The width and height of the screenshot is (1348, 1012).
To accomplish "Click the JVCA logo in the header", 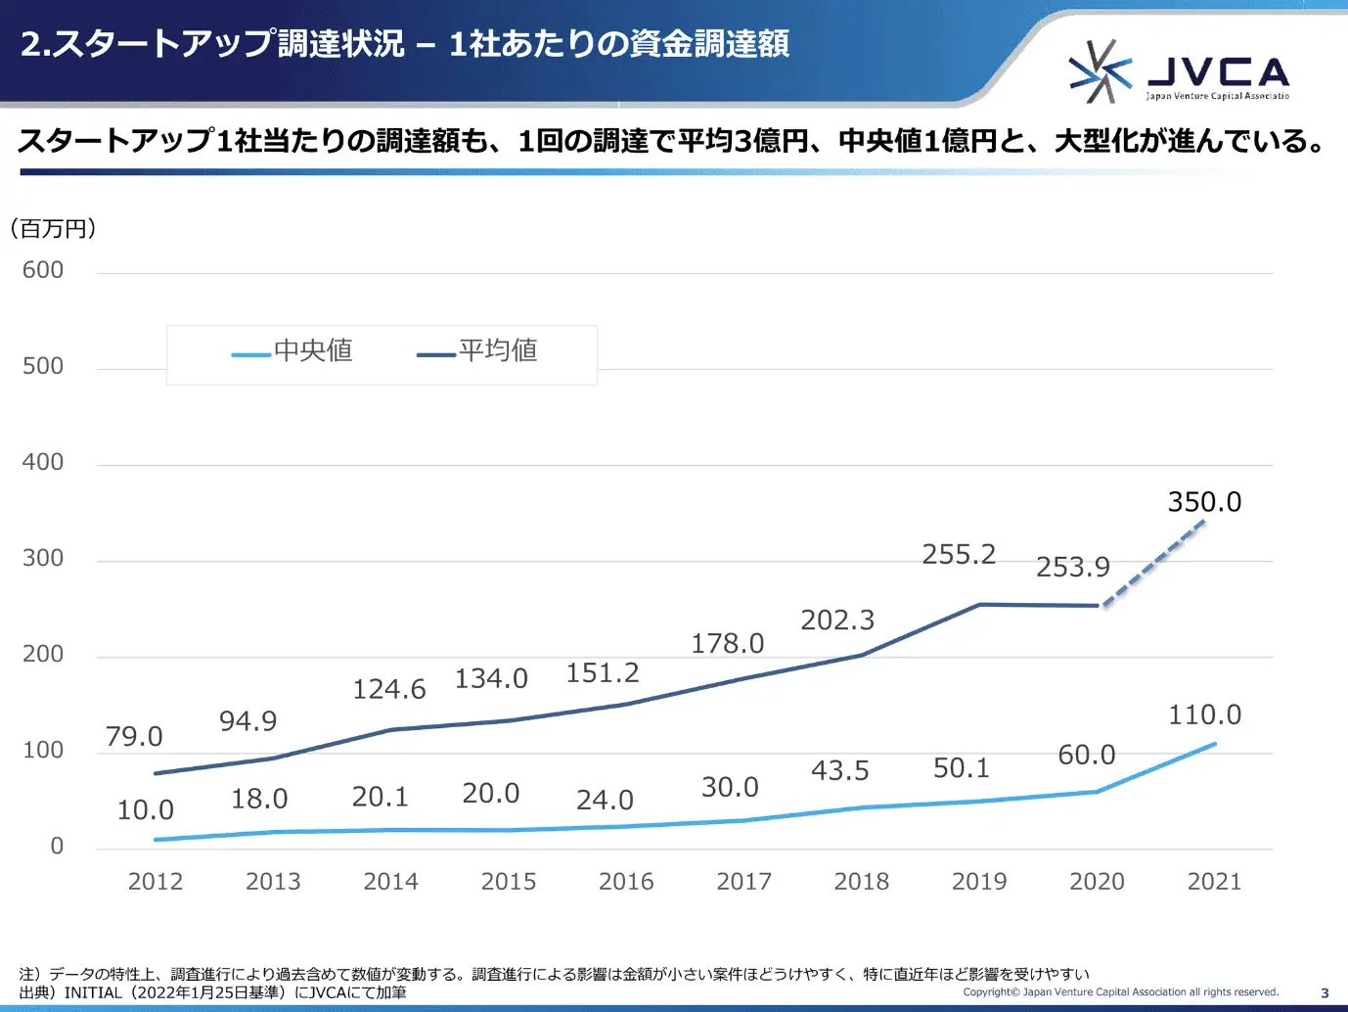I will (x=1178, y=71).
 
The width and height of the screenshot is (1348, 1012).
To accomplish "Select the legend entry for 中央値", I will (x=292, y=351).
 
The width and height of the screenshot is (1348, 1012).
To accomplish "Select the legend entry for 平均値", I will (x=477, y=351).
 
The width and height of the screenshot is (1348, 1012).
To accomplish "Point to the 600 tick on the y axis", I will (x=43, y=270).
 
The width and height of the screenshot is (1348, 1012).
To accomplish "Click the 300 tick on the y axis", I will (x=43, y=558).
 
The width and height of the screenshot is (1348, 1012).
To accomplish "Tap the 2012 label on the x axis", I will (x=156, y=882).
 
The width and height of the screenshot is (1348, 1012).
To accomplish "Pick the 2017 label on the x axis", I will (x=743, y=882).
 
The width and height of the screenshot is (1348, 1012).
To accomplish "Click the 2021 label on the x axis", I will (x=1214, y=882).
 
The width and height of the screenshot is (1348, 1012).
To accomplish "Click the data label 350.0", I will (x=1204, y=502).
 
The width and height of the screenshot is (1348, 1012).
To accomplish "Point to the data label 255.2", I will (x=959, y=555).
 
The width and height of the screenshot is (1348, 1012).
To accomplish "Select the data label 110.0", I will (x=1204, y=715).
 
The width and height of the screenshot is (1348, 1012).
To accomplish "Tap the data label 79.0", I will (x=134, y=737).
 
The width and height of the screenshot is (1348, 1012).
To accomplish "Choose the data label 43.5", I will (x=839, y=771).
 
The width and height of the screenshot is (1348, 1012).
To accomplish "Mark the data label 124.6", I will (x=388, y=690).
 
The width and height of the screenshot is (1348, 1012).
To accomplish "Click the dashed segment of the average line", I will (x=1154, y=563).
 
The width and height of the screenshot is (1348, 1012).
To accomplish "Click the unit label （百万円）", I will (x=54, y=229).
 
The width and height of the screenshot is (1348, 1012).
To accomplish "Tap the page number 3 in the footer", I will (x=1325, y=992).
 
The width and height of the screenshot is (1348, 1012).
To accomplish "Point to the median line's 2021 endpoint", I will (x=1214, y=744).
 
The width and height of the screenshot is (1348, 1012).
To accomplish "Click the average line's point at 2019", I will (x=979, y=605).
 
